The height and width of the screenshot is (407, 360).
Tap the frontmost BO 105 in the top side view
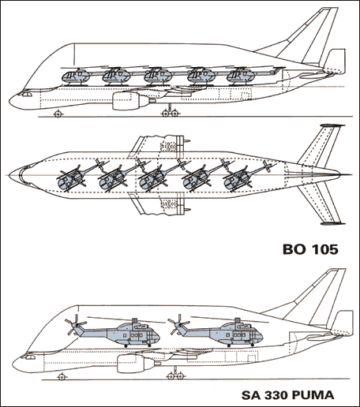click(x=76, y=77)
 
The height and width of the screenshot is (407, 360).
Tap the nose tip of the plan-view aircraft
click(x=17, y=170)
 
